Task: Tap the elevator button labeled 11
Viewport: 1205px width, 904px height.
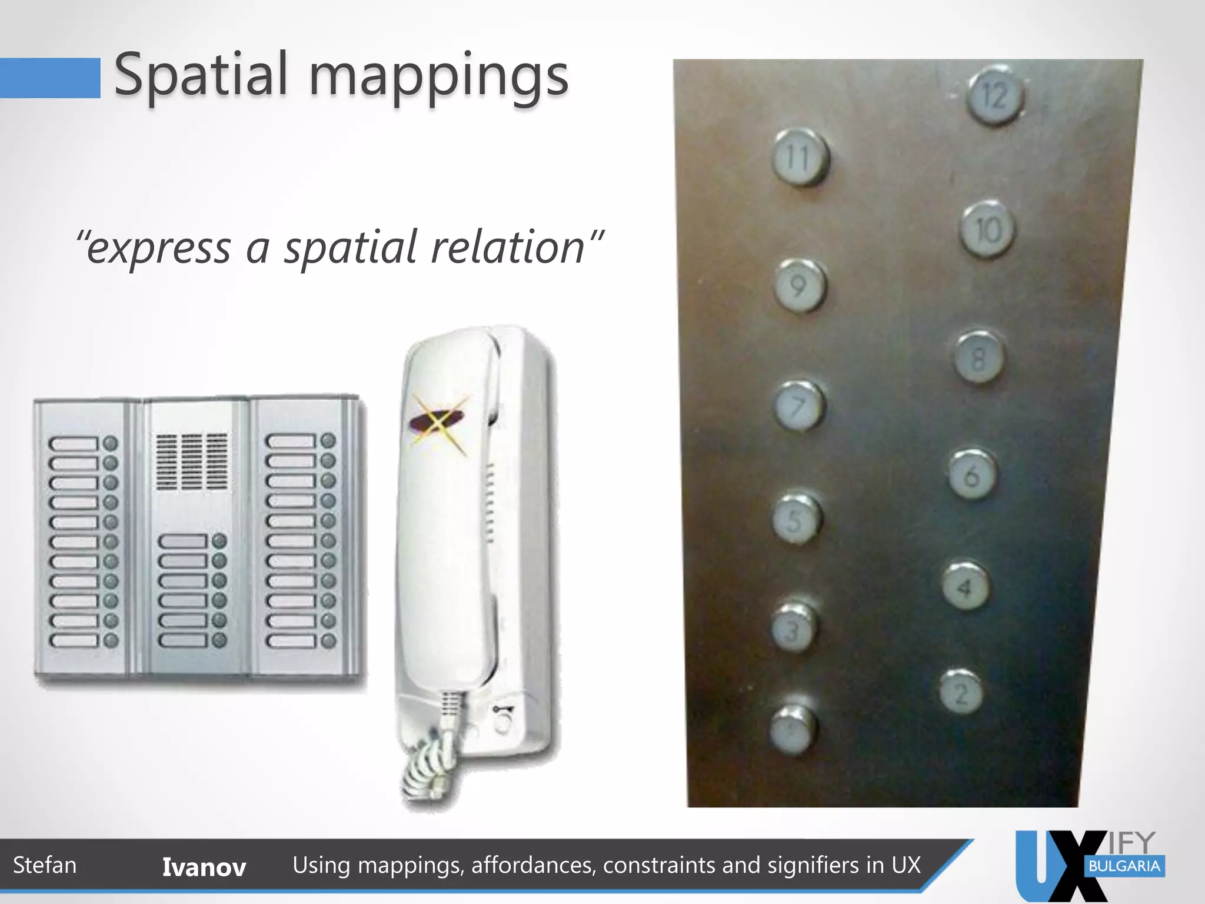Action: (x=799, y=157)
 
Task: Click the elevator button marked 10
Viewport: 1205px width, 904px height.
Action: (x=988, y=230)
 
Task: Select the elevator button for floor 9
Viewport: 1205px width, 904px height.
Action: (x=799, y=285)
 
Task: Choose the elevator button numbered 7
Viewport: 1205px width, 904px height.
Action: (x=798, y=406)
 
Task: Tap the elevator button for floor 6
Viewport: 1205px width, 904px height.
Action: (x=971, y=474)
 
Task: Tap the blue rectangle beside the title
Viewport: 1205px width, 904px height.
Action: (x=50, y=78)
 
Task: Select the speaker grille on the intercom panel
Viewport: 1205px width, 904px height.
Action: (x=192, y=461)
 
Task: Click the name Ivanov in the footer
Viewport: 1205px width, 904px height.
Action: (x=204, y=867)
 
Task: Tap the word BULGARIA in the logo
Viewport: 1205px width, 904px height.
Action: (x=1124, y=866)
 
